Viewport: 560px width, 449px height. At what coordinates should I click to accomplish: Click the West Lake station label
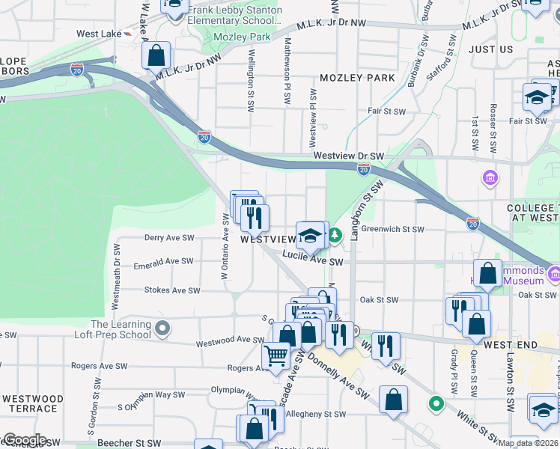tap(98, 34)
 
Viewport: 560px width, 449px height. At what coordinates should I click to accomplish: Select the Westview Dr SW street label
tap(348, 156)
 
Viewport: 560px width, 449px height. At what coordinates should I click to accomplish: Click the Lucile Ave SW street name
tap(312, 259)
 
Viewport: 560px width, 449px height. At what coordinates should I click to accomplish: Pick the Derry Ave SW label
tap(168, 238)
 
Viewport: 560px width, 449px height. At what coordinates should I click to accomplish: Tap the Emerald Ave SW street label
tap(163, 262)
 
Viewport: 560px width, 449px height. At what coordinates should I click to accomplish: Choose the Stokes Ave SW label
tap(172, 290)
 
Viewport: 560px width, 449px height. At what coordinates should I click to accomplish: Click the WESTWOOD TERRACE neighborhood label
tap(31, 403)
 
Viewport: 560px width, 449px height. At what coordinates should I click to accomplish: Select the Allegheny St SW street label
tap(317, 414)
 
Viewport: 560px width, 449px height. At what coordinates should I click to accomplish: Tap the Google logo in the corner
tap(24, 440)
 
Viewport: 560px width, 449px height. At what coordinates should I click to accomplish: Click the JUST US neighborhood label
tap(490, 49)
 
